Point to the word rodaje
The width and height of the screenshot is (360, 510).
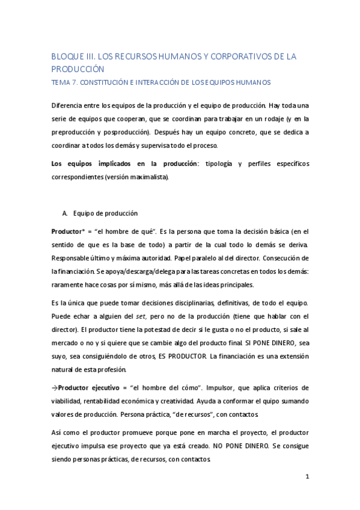click(x=260, y=118)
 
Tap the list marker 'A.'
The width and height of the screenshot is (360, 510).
click(x=65, y=213)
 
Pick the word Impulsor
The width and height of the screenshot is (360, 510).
click(x=221, y=388)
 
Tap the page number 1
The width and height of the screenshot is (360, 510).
click(x=307, y=476)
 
